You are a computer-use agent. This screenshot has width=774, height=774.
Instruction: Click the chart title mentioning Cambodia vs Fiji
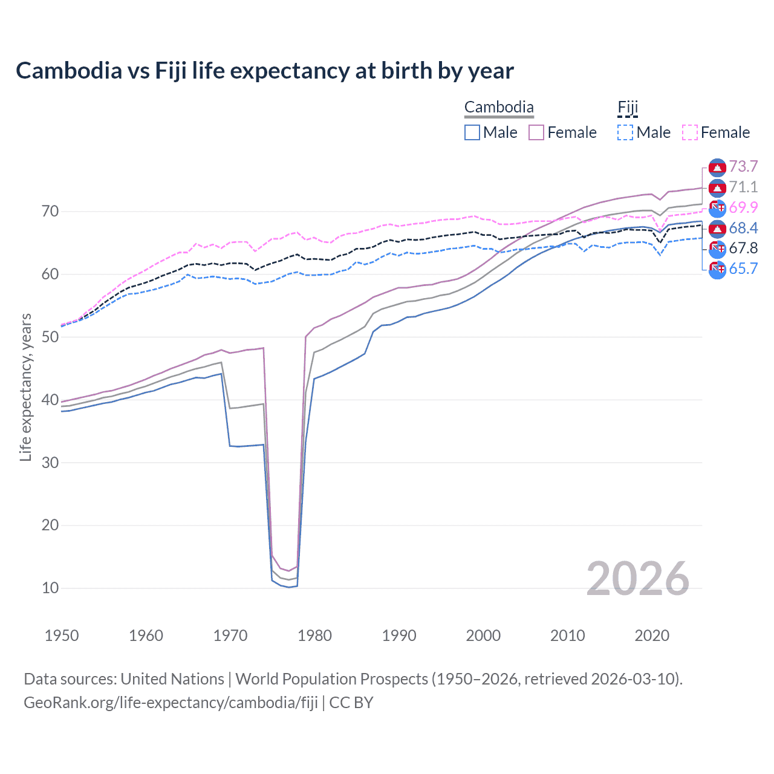[264, 71]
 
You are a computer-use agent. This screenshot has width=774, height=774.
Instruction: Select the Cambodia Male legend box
[472, 132]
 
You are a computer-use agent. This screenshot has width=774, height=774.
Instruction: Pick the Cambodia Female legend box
[536, 132]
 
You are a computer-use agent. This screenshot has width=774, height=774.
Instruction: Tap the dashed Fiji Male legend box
[625, 132]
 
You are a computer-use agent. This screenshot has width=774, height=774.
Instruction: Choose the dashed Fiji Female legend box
[690, 132]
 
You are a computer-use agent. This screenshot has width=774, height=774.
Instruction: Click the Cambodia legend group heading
[499, 108]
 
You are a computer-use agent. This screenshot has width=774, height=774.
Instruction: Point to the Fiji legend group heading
[628, 108]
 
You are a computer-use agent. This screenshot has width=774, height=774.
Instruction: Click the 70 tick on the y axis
[50, 212]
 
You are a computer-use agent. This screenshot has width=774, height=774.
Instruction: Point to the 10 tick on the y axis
[50, 588]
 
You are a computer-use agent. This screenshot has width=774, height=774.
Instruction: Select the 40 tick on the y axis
[50, 400]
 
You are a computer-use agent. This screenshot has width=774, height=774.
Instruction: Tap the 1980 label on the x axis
[314, 636]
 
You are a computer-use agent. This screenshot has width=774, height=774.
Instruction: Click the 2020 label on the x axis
[652, 636]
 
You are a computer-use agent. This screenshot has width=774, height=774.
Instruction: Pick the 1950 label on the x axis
[62, 636]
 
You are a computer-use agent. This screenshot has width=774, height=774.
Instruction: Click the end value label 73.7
[743, 166]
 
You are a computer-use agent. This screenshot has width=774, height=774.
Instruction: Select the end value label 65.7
[743, 269]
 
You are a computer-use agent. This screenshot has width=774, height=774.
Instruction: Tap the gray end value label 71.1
[743, 187]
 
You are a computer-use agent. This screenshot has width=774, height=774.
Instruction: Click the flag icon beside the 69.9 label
[717, 208]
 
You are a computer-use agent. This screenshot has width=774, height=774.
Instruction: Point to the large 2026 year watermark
[638, 579]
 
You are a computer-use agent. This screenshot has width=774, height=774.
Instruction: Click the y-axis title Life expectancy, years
[25, 387]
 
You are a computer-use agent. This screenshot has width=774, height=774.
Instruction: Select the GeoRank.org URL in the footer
[171, 703]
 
